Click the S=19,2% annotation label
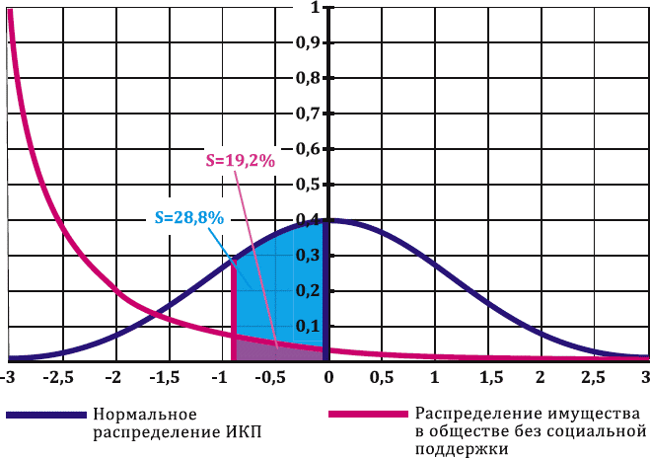coord(239,160)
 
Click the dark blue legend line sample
coord(43,414)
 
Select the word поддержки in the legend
coord(460,449)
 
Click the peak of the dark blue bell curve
coord(328,219)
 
